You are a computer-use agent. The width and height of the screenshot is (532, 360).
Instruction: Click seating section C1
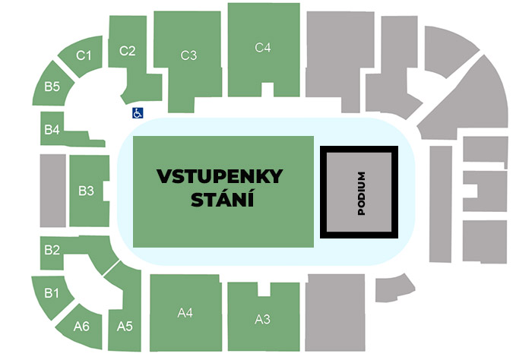[84, 55]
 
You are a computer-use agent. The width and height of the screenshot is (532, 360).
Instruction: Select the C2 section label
[128, 51]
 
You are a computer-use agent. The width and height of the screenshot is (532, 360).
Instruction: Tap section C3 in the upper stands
[188, 55]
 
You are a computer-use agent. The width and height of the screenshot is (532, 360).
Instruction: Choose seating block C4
[263, 47]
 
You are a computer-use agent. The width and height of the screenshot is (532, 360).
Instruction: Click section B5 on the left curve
[52, 87]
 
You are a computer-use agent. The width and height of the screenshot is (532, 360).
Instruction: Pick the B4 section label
[52, 129]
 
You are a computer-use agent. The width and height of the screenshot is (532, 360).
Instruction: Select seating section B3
[86, 190]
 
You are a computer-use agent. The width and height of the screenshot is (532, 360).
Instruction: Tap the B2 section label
[52, 249]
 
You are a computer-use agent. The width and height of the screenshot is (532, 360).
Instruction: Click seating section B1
[52, 292]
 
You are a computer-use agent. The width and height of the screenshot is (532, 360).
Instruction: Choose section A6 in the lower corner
[82, 327]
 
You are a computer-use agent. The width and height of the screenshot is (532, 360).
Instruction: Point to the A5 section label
[125, 327]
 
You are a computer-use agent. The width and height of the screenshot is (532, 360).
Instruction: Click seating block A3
[262, 319]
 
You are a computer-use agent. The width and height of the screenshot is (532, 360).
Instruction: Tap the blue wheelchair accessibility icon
[138, 112]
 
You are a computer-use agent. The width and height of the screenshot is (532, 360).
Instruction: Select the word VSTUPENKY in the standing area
[220, 177]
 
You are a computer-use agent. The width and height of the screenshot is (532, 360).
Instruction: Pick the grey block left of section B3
[53, 191]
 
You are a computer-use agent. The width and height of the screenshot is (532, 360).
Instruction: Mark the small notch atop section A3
[263, 289]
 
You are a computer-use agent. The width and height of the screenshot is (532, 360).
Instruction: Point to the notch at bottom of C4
[267, 90]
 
